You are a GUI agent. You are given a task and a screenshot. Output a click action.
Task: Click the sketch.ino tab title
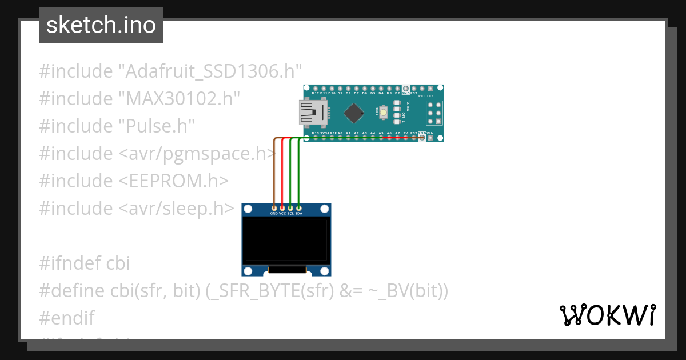(101, 25)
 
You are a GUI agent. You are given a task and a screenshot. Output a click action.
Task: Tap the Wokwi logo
(607, 315)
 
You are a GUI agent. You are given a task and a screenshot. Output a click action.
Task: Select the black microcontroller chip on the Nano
(356, 112)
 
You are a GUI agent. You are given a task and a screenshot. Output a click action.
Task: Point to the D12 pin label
(315, 93)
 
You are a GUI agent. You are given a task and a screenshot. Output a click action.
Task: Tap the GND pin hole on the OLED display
(274, 207)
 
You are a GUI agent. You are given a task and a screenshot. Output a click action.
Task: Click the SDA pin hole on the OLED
(298, 207)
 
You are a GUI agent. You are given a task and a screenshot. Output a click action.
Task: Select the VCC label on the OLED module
(282, 213)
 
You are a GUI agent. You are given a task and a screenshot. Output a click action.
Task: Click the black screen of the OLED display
(285, 240)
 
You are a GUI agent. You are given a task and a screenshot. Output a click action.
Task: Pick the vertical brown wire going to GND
(274, 171)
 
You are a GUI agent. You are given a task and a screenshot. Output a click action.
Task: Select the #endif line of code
(67, 318)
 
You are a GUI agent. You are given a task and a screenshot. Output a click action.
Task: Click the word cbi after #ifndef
(118, 263)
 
